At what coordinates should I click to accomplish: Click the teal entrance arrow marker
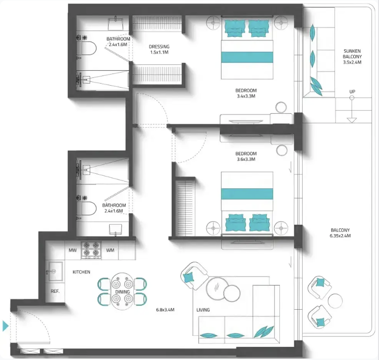point(5,326)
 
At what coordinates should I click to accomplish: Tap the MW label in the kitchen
point(73,250)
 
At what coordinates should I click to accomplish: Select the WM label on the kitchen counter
point(110,250)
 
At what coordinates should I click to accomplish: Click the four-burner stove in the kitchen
point(91,250)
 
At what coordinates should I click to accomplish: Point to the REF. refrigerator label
point(55,291)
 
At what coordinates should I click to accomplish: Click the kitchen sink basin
point(56,271)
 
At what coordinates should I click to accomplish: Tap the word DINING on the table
point(123,292)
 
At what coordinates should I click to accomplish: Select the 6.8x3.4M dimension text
point(165,310)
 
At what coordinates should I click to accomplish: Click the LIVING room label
point(203,310)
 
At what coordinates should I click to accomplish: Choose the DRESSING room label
point(159,46)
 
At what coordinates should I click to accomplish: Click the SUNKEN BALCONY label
point(352,54)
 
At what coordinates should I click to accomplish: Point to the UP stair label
point(352,92)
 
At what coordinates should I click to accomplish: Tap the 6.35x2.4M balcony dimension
point(340,236)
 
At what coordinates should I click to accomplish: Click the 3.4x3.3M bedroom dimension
point(246,96)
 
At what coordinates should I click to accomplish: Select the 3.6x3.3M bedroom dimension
point(246,159)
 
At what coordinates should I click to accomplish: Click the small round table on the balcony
point(335,301)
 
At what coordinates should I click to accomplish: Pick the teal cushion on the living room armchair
point(189,277)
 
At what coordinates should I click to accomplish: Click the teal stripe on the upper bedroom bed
point(247,57)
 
